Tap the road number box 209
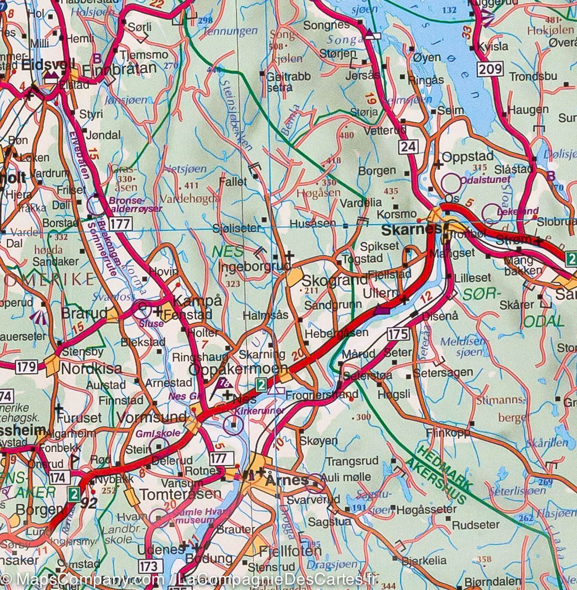pos(490,69)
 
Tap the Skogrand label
pos(334,281)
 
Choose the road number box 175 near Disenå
pos(398,334)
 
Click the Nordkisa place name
pos(91,369)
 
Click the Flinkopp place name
pos(449,433)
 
